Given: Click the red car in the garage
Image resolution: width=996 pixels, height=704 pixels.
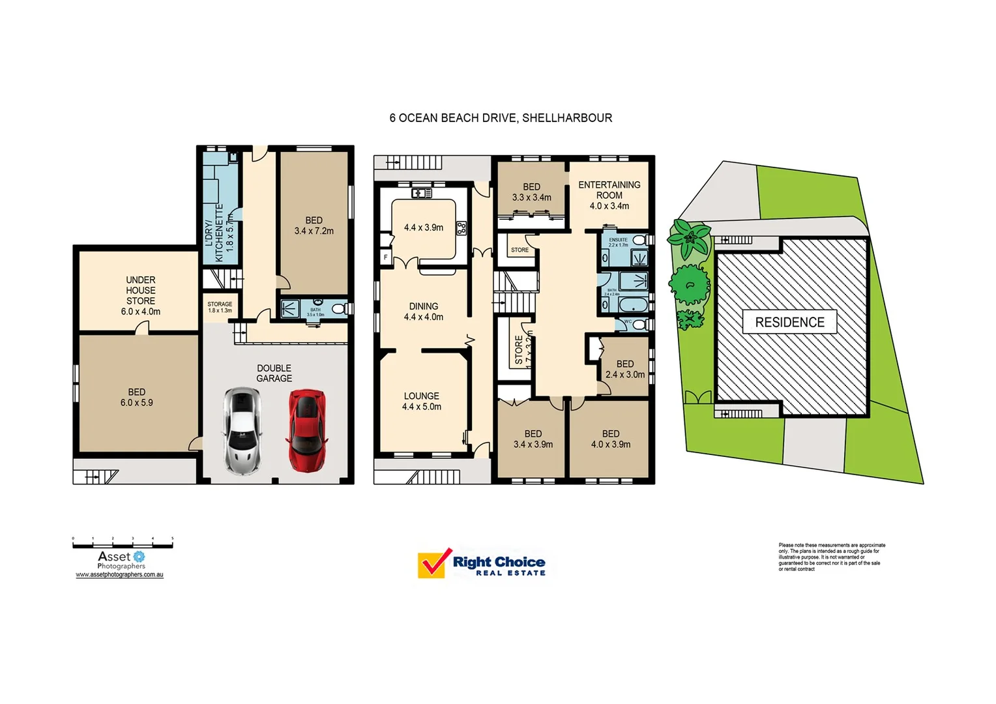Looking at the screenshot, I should tap(307, 430).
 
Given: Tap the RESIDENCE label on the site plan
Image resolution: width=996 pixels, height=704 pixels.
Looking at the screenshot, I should tap(789, 322).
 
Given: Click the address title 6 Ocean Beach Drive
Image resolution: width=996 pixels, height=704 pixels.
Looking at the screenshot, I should tap(501, 118).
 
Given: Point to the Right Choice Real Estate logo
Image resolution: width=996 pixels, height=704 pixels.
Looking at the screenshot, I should tap(482, 564).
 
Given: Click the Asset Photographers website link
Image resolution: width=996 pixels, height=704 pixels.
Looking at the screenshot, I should tap(119, 575).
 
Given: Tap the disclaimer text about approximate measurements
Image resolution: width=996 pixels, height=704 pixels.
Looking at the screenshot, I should tap(831, 557).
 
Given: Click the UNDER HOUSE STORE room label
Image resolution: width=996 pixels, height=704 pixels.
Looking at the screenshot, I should tap(141, 295).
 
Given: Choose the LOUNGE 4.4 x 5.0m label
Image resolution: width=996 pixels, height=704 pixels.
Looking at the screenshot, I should tap(422, 401).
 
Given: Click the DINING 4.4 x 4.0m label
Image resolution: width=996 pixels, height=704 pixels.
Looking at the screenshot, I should tap(424, 312).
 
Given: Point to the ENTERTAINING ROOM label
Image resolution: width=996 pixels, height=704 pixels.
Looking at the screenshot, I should tap(609, 195).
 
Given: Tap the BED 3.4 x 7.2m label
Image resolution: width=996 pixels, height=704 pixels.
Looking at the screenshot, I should tap(314, 226).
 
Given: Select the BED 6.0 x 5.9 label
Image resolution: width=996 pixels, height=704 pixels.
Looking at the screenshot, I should tap(137, 397).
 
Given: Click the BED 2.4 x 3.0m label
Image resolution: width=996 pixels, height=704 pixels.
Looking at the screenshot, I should tap(625, 369).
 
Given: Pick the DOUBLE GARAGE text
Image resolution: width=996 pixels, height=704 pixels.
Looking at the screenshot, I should tap(274, 373).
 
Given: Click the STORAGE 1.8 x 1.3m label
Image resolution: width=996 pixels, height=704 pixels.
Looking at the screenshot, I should tap(220, 307).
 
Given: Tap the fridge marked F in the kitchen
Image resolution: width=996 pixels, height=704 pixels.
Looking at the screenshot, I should tap(385, 257).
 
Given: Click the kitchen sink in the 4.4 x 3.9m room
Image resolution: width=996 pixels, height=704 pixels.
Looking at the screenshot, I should tap(422, 193).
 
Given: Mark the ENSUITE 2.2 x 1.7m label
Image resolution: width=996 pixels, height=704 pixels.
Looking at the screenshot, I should tap(618, 242).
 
